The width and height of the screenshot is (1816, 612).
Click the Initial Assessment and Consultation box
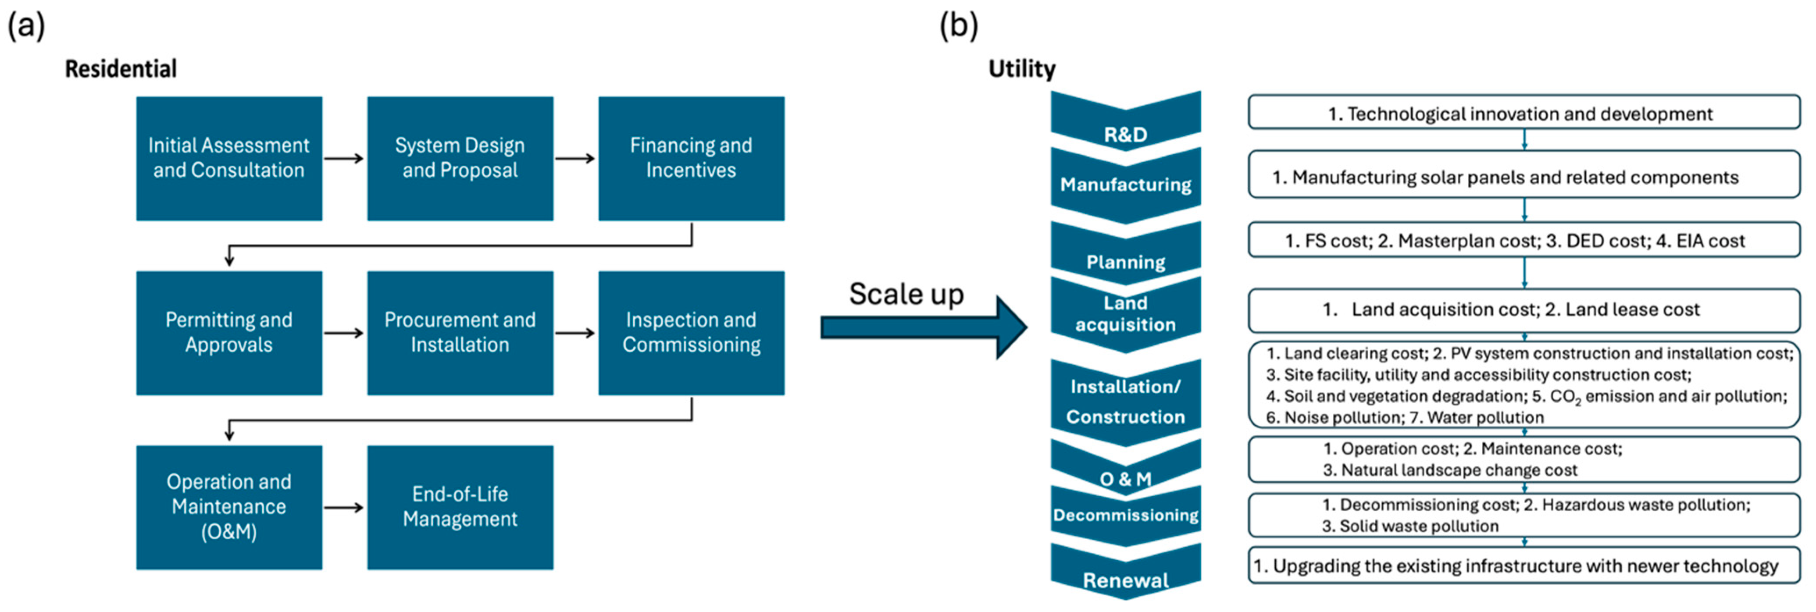click(x=229, y=159)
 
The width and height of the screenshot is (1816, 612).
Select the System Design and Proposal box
click(x=460, y=159)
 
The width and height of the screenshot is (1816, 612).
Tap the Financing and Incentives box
click(x=691, y=159)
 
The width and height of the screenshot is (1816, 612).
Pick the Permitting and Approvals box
click(x=229, y=333)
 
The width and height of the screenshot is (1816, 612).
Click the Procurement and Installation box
click(x=460, y=333)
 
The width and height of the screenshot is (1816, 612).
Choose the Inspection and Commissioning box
click(x=691, y=333)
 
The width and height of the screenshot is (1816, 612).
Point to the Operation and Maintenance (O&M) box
click(x=229, y=507)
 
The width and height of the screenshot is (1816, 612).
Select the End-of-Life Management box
click(x=460, y=507)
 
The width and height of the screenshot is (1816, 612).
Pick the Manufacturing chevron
click(x=1125, y=185)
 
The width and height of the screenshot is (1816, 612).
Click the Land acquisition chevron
click(x=1125, y=314)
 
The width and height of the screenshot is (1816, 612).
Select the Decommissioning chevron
click(x=1125, y=516)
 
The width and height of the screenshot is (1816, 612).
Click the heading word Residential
click(x=121, y=69)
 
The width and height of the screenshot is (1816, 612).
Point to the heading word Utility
click(x=1021, y=69)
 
